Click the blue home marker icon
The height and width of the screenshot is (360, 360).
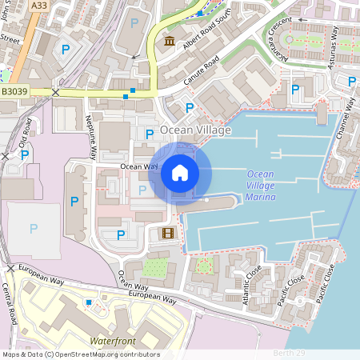click(180, 173)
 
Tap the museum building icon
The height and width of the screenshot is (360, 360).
click(170, 41)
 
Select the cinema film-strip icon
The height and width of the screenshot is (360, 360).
click(166, 233)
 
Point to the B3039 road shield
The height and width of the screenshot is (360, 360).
click(14, 93)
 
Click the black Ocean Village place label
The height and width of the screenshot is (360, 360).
click(195, 130)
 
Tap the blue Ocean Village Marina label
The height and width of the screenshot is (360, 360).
click(261, 186)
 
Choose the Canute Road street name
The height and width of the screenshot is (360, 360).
click(199, 75)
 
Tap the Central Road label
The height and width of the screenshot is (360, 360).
click(10, 302)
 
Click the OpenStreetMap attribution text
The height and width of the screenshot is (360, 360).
click(80, 354)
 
